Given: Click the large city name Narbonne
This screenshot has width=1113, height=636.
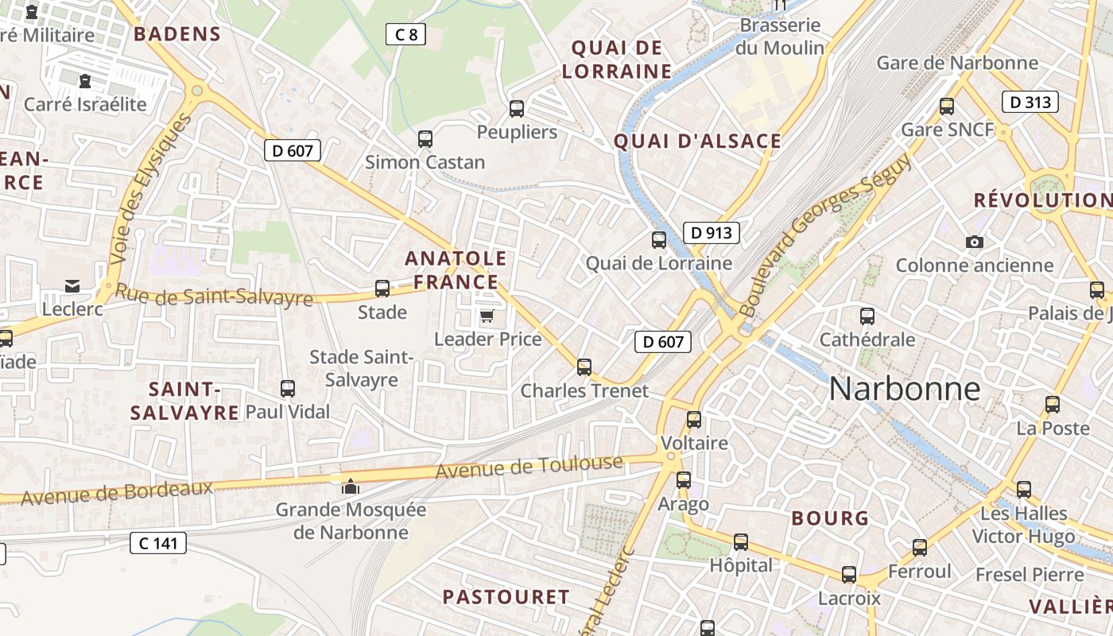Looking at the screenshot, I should [x=904, y=389].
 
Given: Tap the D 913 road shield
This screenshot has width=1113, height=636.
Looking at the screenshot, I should [x=712, y=233].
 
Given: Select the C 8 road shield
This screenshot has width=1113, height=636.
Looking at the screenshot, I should [x=405, y=34].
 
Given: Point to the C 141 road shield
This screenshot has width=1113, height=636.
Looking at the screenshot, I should [x=158, y=543].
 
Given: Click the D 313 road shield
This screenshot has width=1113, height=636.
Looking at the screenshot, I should [x=1030, y=102].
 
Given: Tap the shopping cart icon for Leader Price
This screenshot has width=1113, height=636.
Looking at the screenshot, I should [x=487, y=316].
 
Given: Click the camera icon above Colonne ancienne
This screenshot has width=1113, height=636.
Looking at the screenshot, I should [x=974, y=242].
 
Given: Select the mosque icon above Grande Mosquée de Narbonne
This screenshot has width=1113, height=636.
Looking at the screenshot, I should [x=350, y=487].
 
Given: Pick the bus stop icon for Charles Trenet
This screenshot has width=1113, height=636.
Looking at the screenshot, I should [x=584, y=367].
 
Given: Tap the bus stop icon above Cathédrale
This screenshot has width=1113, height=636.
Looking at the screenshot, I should [x=867, y=316].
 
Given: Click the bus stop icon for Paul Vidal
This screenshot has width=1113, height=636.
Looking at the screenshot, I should [x=288, y=389].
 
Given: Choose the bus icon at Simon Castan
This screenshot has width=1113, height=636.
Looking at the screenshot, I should [x=425, y=139].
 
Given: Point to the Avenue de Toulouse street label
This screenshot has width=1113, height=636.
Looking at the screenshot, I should [x=529, y=467].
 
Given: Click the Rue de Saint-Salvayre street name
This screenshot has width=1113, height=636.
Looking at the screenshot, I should [x=214, y=296].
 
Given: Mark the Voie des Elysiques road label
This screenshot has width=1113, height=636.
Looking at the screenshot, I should [x=151, y=188].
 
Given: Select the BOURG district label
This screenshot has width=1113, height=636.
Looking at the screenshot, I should [x=830, y=518].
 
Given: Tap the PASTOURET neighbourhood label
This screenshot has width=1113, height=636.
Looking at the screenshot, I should [x=506, y=597].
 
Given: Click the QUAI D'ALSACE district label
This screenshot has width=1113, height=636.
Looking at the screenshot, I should [x=697, y=142].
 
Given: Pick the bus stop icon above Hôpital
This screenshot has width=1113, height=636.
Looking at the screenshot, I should [x=741, y=542].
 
